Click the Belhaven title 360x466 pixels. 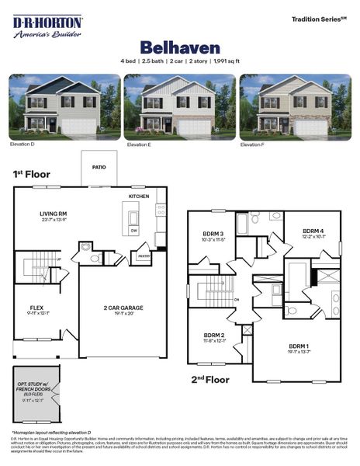coord(180,47)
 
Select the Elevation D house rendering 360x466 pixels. coord(64,106)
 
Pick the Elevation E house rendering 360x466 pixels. coord(179,106)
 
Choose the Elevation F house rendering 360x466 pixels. coord(295,106)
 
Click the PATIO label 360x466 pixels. coord(99,166)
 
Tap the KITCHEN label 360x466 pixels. coord(139,196)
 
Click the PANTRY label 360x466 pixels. coord(144,256)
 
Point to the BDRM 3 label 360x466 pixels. coord(214,234)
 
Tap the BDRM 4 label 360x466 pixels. coord(313,231)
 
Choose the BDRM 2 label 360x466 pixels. coord(213,336)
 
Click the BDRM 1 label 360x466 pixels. coord(299,346)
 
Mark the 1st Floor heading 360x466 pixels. coord(31,174)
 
